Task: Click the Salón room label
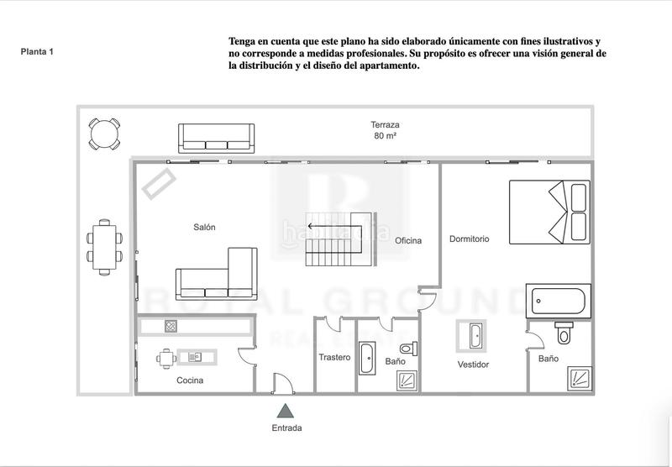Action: [x=205, y=227]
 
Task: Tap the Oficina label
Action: [x=408, y=241]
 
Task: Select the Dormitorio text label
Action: [x=469, y=239]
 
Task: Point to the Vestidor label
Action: [x=473, y=365]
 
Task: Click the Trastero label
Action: [x=334, y=357]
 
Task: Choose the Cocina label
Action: [x=190, y=380]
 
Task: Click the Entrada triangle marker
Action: [x=286, y=411]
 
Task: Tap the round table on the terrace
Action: [x=103, y=133]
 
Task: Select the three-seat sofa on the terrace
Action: [x=216, y=136]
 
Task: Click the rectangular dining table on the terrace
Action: [x=104, y=246]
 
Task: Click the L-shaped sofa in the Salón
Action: [x=218, y=274]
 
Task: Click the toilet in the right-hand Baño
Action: [x=564, y=333]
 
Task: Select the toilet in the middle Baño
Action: [x=407, y=348]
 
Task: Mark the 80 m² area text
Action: [x=386, y=136]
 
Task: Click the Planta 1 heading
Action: [x=37, y=51]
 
